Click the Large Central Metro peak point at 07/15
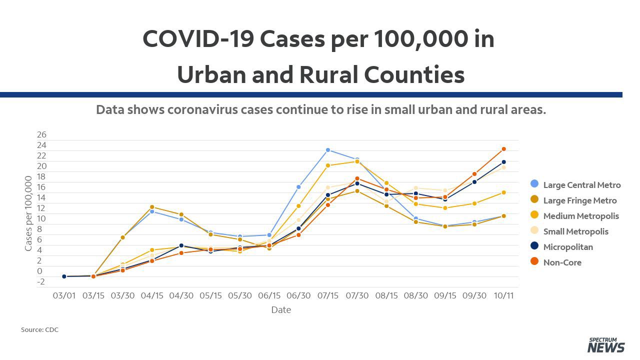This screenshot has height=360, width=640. [x=327, y=150]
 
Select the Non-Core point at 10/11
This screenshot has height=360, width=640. [x=503, y=149]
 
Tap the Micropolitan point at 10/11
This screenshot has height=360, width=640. [x=503, y=162]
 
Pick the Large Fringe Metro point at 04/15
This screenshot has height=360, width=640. [x=152, y=207]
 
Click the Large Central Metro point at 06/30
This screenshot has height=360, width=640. [x=298, y=187]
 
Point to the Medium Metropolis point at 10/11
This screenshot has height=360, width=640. [x=503, y=192]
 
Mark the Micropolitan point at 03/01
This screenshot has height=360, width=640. [x=64, y=276]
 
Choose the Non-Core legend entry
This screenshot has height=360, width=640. [x=555, y=262]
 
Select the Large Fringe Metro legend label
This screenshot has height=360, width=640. [x=580, y=200]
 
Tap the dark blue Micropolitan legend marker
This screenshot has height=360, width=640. [x=534, y=246]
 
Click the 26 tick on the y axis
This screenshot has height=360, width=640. [x=41, y=134]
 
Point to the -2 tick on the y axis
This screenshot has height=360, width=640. [x=41, y=281]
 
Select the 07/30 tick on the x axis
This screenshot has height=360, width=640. [x=357, y=295]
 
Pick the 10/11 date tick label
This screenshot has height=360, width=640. [x=503, y=295]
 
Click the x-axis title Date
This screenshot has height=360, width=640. [x=281, y=309]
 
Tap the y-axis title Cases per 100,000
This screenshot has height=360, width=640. [x=28, y=213]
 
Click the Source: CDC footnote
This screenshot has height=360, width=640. [x=39, y=329]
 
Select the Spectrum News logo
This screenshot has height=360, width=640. [x=606, y=345]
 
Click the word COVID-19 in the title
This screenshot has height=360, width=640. [x=198, y=39]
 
